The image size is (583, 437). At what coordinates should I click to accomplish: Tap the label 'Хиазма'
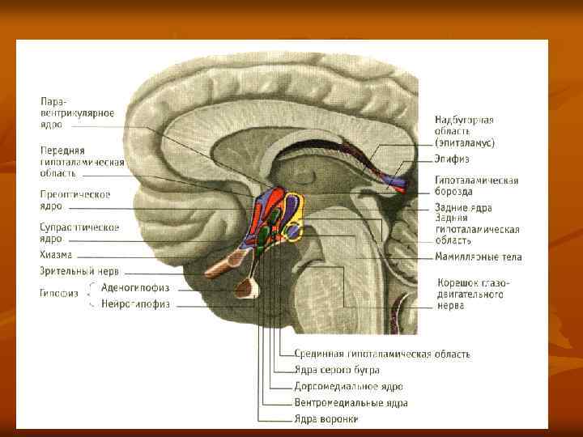point(57,254)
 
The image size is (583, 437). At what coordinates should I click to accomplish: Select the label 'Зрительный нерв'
point(79,271)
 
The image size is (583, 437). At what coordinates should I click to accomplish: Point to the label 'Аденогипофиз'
point(135,288)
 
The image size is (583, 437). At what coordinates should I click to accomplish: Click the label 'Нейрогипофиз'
point(135,304)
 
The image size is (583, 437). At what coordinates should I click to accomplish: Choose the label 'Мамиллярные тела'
point(478,257)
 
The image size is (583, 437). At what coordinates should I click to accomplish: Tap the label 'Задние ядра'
point(463,207)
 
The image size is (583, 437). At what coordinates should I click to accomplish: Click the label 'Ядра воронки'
point(326,418)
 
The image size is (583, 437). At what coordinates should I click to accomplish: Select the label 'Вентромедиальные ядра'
point(351,402)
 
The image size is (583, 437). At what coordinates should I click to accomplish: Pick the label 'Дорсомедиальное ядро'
point(348,386)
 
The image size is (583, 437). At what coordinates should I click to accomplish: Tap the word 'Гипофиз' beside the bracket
point(59,293)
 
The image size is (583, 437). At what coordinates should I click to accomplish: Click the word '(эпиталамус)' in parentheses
point(464,142)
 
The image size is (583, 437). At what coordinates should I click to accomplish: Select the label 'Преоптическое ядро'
point(74,200)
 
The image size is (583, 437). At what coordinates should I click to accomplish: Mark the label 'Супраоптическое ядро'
point(79,233)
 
